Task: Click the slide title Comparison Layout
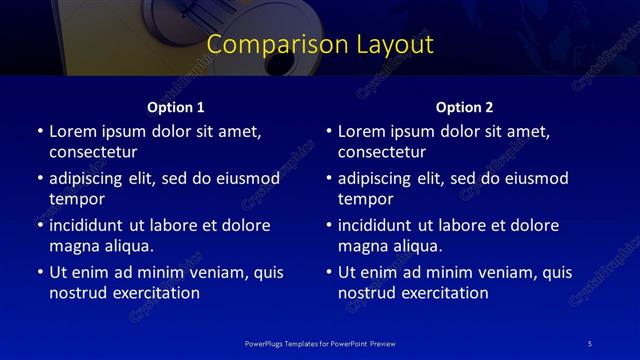(x=320, y=45)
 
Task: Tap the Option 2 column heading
(x=464, y=107)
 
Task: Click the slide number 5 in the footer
(x=590, y=343)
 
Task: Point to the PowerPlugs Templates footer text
(x=319, y=343)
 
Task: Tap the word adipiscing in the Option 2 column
(x=379, y=178)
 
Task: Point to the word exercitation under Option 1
(x=154, y=293)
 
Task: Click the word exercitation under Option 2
(x=443, y=293)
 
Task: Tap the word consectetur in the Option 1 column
(x=93, y=152)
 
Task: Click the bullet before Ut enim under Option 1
(x=39, y=272)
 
